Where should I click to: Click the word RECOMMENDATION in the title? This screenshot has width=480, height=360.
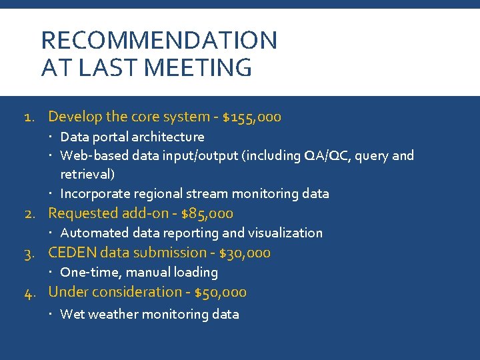pyautogui.click(x=159, y=41)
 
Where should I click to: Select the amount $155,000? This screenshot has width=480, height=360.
pyautogui.click(x=251, y=117)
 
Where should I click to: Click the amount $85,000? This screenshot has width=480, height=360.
pyautogui.click(x=207, y=213)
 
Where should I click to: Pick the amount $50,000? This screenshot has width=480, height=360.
pyautogui.click(x=217, y=292)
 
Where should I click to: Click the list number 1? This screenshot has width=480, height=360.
pyautogui.click(x=29, y=117)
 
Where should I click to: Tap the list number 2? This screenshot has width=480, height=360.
pyautogui.click(x=29, y=214)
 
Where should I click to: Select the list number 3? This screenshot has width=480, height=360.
pyautogui.click(x=29, y=253)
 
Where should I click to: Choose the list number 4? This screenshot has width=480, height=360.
pyautogui.click(x=29, y=293)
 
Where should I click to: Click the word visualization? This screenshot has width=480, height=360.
pyautogui.click(x=285, y=233)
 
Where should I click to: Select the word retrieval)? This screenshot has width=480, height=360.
pyautogui.click(x=87, y=175)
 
